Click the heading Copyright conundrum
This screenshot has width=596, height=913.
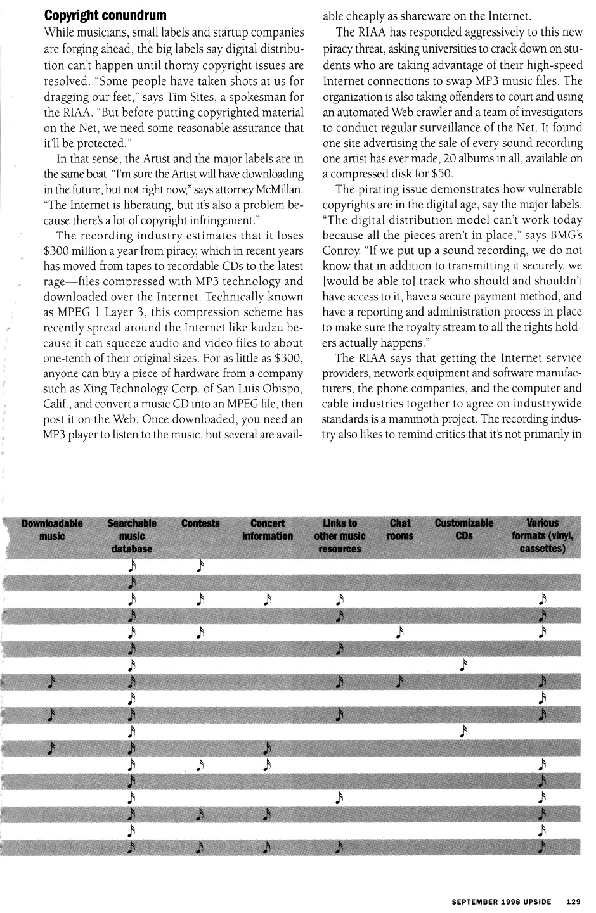pos(105,14)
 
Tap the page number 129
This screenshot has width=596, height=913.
pos(574,901)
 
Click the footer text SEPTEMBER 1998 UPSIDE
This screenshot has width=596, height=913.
pos(501,901)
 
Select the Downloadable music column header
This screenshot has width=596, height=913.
pos(52,530)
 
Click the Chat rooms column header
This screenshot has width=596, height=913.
pos(400,530)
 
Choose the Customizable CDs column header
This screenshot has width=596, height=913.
pos(464,530)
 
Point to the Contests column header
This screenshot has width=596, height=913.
pos(200,523)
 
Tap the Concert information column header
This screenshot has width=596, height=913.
pos(268,530)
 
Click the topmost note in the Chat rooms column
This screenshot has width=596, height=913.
pos(399,632)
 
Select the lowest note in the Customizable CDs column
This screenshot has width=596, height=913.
pos(464,732)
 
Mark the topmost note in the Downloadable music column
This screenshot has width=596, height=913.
pos(53,682)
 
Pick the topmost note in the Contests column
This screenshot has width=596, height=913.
pos(200,565)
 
